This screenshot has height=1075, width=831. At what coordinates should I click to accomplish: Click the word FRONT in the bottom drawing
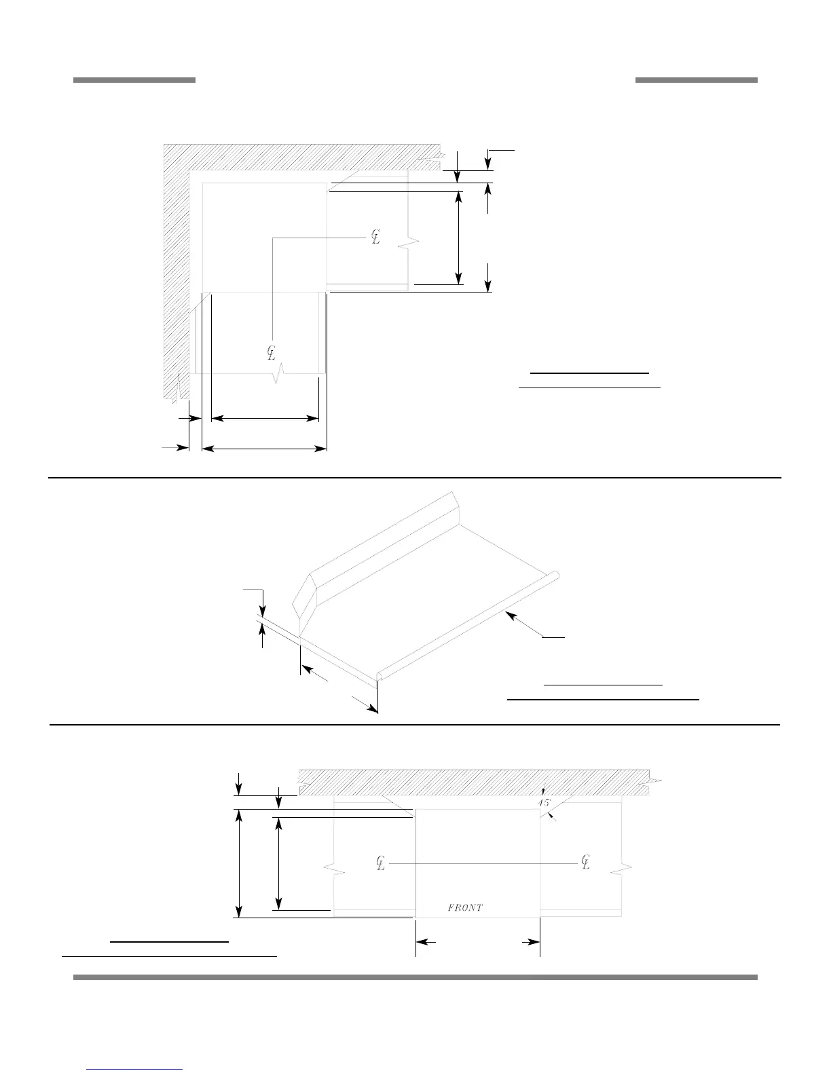click(465, 907)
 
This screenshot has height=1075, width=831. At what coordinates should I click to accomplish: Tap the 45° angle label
click(543, 803)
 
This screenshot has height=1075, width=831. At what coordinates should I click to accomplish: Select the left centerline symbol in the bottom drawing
click(381, 863)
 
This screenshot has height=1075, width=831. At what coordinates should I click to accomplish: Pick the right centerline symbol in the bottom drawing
click(586, 863)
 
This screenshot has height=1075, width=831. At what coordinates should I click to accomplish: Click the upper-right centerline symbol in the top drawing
click(375, 237)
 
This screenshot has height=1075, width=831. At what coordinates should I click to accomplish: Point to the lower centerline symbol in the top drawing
click(271, 353)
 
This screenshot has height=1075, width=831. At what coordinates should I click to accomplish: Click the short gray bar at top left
click(134, 80)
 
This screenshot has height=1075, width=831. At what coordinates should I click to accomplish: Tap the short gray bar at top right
click(696, 80)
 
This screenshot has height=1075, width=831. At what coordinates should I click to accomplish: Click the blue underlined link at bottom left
click(135, 1069)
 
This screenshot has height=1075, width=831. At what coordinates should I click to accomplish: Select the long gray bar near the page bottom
click(415, 977)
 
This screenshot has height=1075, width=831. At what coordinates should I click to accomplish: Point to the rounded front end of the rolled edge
click(380, 676)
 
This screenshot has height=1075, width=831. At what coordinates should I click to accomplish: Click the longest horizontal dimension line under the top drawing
click(265, 448)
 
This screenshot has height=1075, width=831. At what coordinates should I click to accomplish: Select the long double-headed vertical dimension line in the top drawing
click(459, 238)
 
